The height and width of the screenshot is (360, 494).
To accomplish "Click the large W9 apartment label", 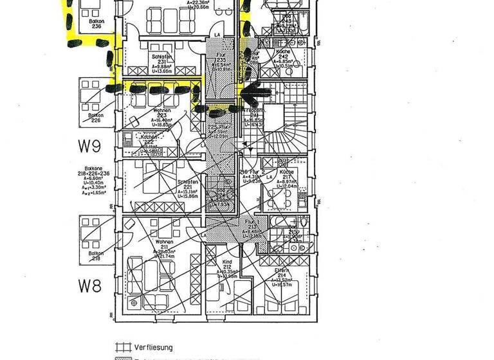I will [x=90, y=147].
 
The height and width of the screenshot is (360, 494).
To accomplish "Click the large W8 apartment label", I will [x=90, y=283].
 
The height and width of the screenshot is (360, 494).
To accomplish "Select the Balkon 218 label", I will [x=96, y=256].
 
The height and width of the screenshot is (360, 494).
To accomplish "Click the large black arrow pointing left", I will [x=256, y=93].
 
